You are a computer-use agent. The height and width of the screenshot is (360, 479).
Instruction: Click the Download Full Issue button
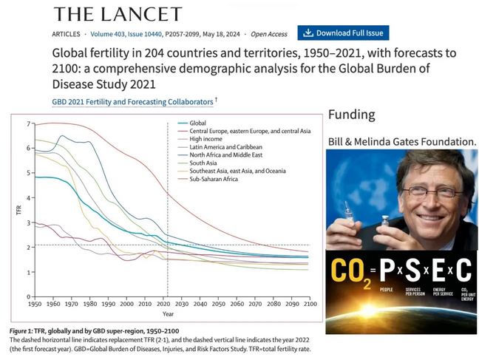[x=343, y=33]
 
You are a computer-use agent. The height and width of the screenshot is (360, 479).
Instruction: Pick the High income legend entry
[x=207, y=140]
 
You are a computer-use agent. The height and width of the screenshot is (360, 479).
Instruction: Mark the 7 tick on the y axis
[x=29, y=123]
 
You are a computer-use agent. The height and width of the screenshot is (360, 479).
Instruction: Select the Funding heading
[x=352, y=115]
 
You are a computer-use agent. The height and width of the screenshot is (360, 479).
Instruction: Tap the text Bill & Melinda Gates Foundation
[x=402, y=140]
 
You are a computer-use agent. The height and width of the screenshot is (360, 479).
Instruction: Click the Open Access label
[x=270, y=34]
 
